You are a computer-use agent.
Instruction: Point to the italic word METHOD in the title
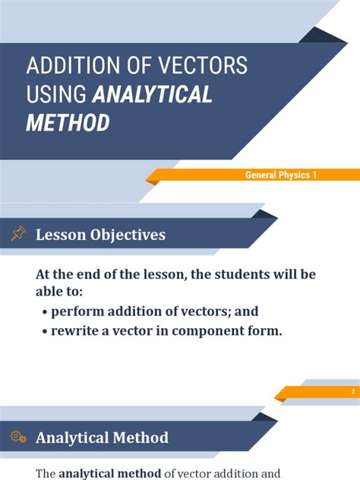(x=68, y=122)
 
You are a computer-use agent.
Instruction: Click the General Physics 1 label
(x=280, y=175)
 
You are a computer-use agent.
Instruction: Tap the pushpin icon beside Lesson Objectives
(x=18, y=235)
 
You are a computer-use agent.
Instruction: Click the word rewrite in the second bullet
(x=77, y=330)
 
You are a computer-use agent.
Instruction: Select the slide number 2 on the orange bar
(x=353, y=392)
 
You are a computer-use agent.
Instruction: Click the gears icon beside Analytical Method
(x=18, y=437)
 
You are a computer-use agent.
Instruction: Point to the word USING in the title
(x=57, y=94)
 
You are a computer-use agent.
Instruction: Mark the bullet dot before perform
(x=46, y=312)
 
